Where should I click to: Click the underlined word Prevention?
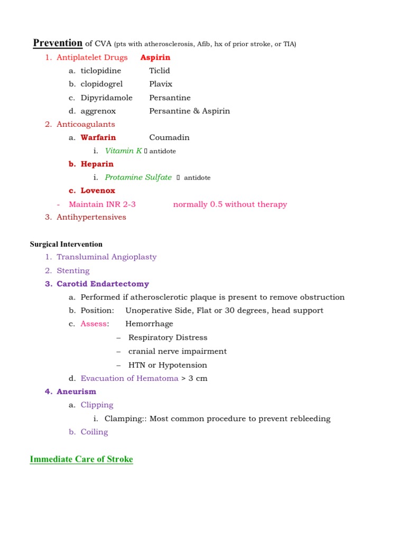58,43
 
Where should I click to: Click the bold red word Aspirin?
155,57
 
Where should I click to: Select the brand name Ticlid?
160,71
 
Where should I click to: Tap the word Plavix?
161,84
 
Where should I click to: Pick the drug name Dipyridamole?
107,98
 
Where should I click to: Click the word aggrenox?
98,111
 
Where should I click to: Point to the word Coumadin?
169,137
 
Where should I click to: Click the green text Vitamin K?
124,151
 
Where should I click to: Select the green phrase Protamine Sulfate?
139,178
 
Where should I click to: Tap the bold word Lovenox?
98,191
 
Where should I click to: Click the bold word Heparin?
97,164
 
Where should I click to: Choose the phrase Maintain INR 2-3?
103,204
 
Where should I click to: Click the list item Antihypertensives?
91,217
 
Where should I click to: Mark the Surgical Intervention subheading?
66,244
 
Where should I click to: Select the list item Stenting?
73,270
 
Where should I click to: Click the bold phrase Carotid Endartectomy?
103,284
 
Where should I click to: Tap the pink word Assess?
94,324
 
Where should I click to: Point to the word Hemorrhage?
149,324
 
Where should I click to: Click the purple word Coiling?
94,432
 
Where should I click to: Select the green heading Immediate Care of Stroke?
81,459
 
